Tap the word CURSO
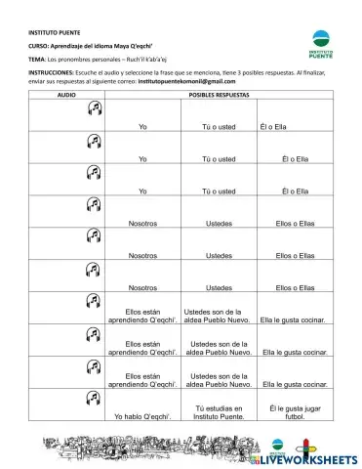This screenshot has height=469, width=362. tap(37, 46)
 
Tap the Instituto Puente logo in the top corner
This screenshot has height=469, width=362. tap(320, 41)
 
